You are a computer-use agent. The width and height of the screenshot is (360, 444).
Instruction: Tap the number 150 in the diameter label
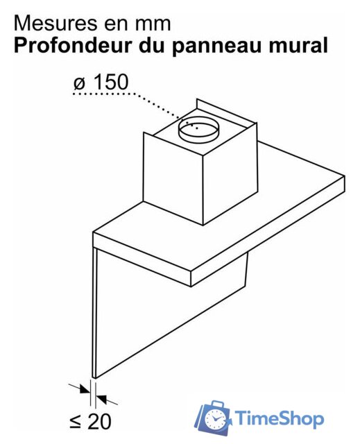click(111, 82)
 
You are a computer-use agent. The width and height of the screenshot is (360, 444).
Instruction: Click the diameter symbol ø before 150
click(80, 83)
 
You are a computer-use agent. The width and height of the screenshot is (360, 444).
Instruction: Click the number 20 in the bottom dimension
click(99, 421)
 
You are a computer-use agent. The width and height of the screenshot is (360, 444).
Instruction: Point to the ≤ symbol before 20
click(76, 422)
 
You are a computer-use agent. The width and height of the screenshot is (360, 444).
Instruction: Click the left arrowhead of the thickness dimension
click(85, 389)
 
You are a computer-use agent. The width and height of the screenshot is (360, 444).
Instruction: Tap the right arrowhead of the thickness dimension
click(101, 399)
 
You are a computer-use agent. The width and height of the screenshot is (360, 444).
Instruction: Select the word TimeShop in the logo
click(279, 418)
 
